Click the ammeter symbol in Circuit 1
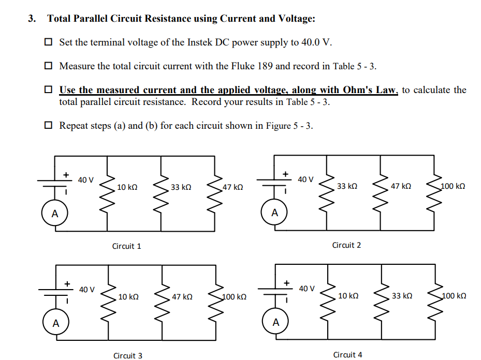click(x=54, y=213)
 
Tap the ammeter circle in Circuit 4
click(x=275, y=323)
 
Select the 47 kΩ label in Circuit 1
click(x=233, y=187)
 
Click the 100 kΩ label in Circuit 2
click(x=453, y=186)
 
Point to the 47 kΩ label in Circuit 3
click(x=182, y=297)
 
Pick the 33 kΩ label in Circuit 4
click(x=402, y=296)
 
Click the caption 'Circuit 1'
click(x=126, y=246)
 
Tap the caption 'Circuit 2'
click(x=346, y=245)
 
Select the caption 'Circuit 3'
click(x=128, y=355)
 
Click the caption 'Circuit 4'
click(x=347, y=354)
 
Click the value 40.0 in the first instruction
click(x=310, y=42)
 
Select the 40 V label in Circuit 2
click(x=305, y=179)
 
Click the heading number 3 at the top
click(x=32, y=19)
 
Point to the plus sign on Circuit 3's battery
click(x=67, y=283)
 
